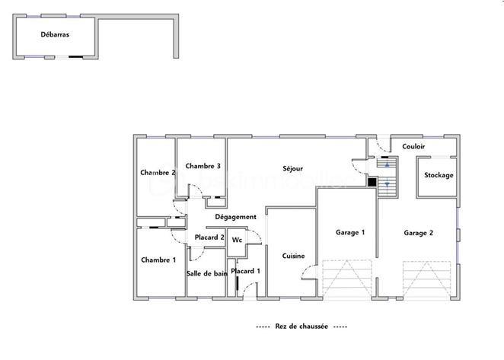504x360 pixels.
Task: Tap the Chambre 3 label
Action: [203, 166]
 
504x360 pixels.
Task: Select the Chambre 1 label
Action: [158, 260]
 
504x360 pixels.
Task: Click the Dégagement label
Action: [235, 217]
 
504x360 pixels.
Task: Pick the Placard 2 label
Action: [209, 238]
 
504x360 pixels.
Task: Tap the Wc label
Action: [237, 240]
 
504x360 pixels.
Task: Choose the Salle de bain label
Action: [206, 272]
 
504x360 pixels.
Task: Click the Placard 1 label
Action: [246, 271]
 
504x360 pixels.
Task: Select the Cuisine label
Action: [293, 256]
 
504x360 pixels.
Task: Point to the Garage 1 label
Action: [351, 232]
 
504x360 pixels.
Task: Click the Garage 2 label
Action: [418, 233]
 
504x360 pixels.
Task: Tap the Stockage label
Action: [439, 175]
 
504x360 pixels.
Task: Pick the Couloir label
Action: [413, 146]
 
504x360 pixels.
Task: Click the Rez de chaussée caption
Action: [301, 326]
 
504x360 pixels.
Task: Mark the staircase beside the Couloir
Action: [388, 177]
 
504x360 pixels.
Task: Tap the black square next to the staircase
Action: [372, 181]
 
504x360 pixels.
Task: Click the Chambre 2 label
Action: [158, 172]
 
